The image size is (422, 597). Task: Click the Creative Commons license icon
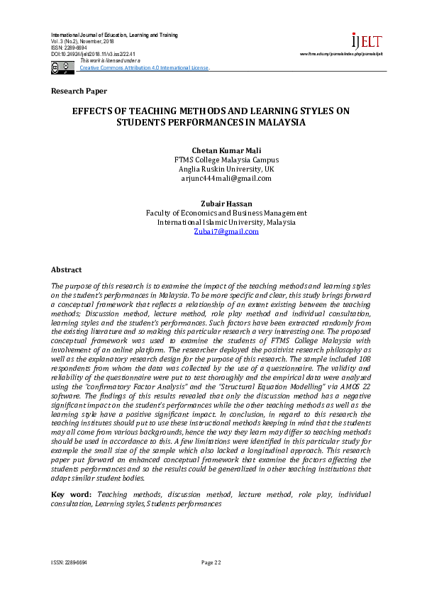tap(62, 67)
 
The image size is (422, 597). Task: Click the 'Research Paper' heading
tap(79, 91)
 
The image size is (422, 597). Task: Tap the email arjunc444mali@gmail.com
tap(226, 179)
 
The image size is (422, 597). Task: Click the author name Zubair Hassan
tap(226, 203)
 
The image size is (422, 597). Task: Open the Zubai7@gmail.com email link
tap(226, 232)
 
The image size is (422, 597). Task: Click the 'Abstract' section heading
tap(66, 270)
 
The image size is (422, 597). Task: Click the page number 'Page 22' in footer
tap(211, 562)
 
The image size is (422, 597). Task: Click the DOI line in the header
tap(93, 54)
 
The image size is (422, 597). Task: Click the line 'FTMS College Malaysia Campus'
tap(226, 160)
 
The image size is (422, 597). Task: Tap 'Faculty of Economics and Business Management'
tap(226, 213)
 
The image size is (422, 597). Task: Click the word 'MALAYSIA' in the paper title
tap(261, 122)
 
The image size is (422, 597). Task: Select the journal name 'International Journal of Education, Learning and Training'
tap(114, 35)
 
